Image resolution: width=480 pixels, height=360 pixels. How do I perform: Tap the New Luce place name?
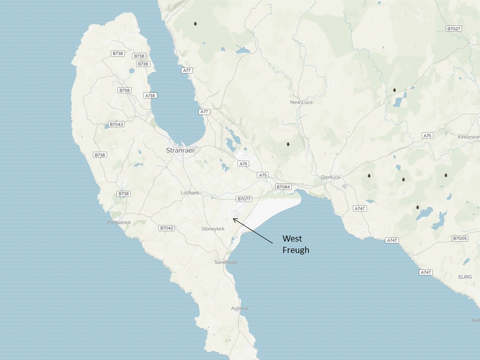point(301,102)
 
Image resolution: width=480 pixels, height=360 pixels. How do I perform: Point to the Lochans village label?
point(190,192)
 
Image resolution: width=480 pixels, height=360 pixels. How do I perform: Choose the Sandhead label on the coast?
point(225,262)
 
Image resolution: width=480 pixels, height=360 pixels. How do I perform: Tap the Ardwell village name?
point(239,308)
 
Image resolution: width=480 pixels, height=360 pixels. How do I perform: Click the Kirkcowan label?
point(468,137)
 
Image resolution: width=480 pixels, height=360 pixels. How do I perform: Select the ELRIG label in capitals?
point(464,276)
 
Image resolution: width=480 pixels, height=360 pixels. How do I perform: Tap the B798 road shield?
point(124,90)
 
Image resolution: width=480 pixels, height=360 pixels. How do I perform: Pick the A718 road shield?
point(150,95)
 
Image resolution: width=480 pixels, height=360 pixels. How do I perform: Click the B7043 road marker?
point(116,124)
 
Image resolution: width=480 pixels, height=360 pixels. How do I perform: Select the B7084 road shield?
point(283,187)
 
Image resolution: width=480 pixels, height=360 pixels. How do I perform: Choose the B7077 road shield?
point(243,198)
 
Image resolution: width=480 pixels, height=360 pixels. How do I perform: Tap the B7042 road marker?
point(166,228)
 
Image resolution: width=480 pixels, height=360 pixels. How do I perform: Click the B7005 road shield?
point(459,238)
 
